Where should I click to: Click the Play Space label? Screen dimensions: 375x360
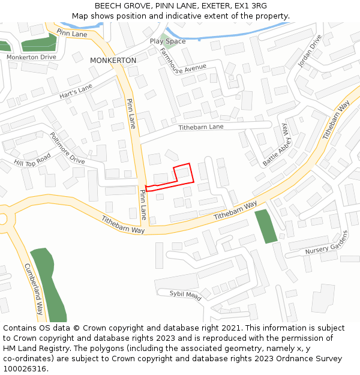point(167,41)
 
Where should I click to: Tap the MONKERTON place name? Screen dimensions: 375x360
point(113,61)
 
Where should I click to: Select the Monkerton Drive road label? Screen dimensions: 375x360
point(31,57)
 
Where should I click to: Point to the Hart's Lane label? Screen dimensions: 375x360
point(76,92)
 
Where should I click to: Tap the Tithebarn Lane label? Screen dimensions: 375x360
point(201,127)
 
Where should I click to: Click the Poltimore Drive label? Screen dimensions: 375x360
point(67,148)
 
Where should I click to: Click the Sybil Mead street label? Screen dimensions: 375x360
point(185,294)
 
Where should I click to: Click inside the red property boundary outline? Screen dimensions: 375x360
point(183,178)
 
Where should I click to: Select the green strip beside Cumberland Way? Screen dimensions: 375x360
point(49,282)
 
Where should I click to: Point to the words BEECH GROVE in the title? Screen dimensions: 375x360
point(117,5)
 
